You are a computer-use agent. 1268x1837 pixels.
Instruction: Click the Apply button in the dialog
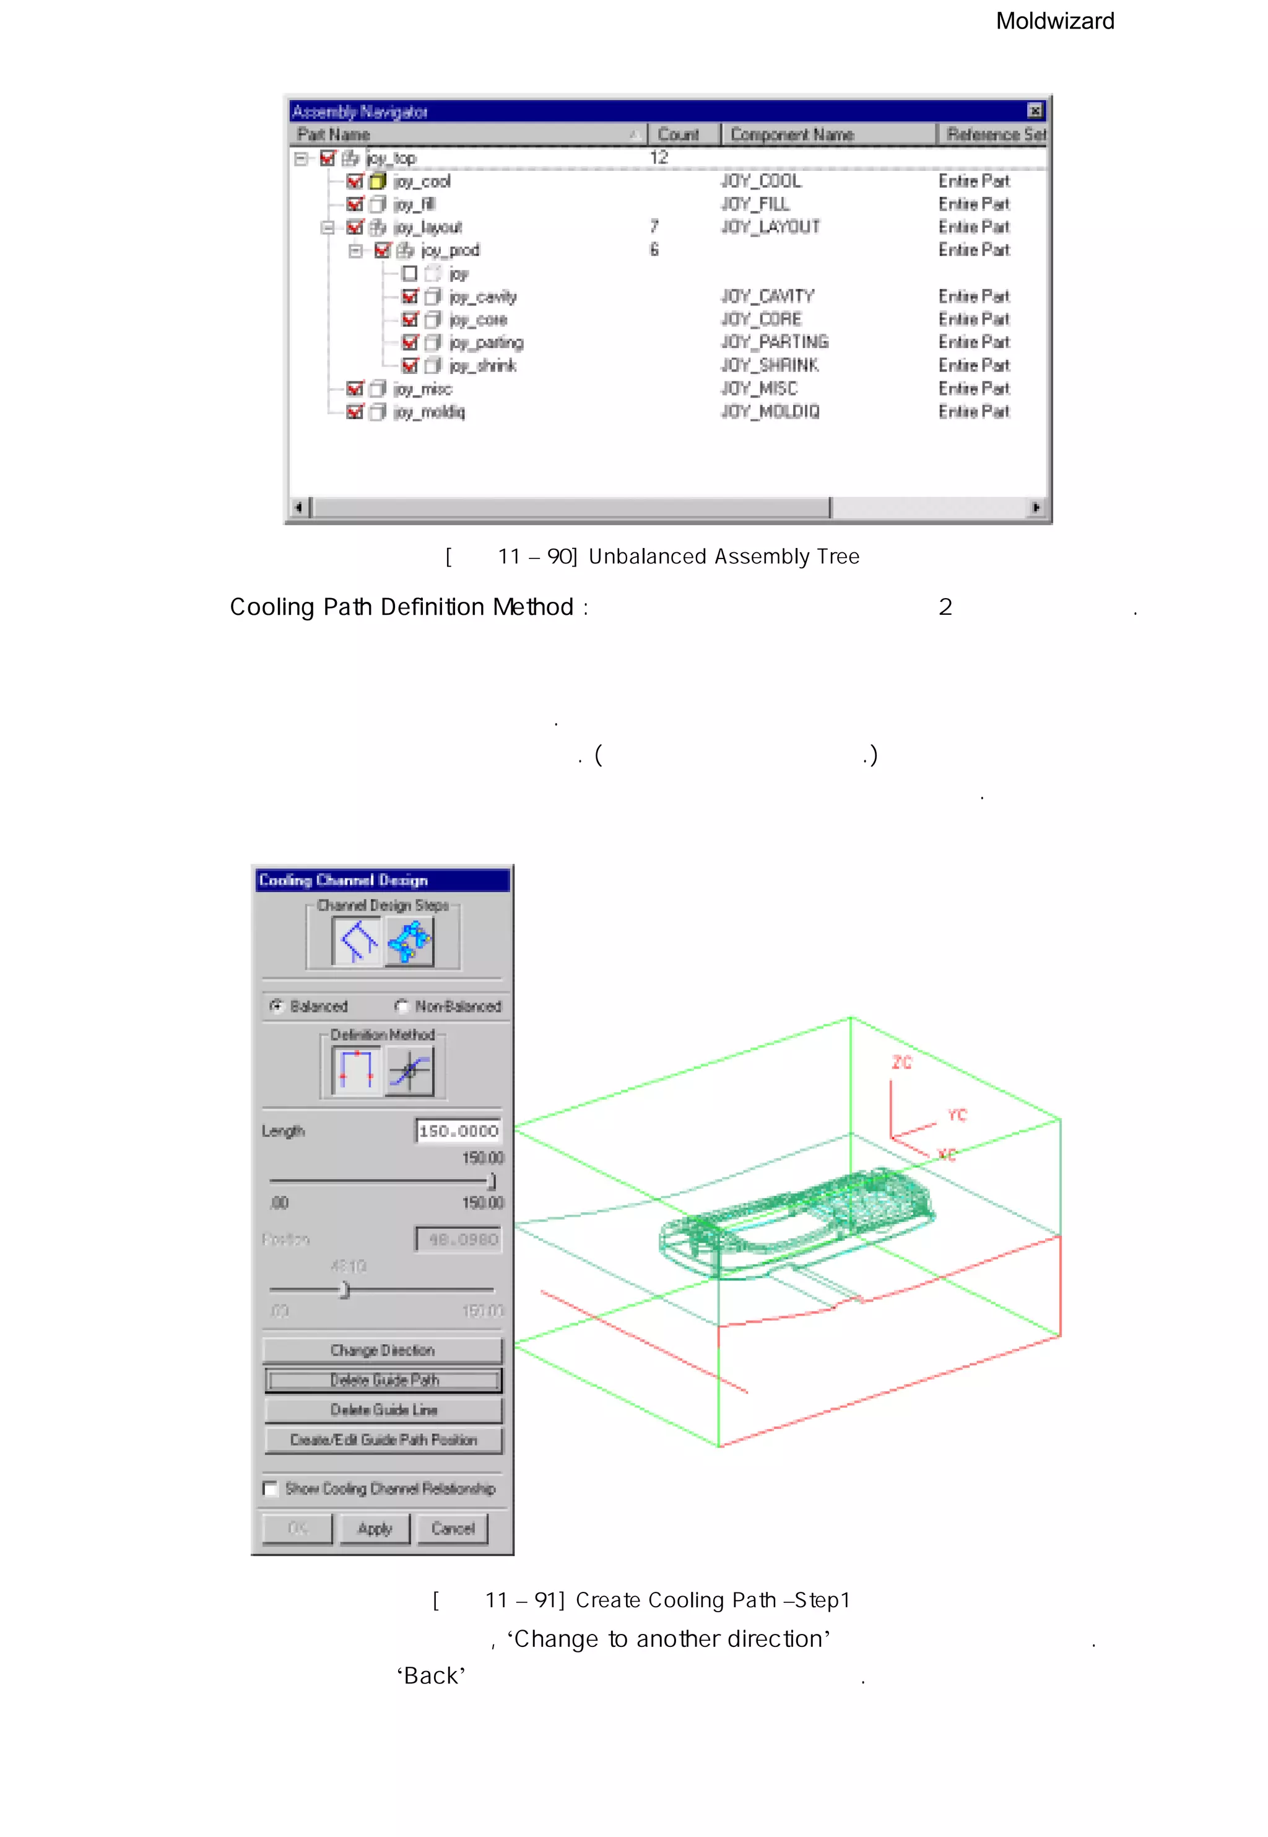coord(375,1528)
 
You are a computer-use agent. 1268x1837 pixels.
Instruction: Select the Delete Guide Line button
coord(383,1410)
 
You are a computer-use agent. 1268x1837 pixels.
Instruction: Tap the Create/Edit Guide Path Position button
coord(383,1440)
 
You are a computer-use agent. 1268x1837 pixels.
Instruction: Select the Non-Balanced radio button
coord(402,1006)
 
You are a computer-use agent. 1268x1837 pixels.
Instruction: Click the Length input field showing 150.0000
coord(458,1131)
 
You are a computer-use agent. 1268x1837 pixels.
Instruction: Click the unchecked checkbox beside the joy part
coord(410,273)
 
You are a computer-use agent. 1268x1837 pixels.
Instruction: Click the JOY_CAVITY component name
coord(768,297)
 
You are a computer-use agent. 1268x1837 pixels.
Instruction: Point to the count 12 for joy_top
coord(659,157)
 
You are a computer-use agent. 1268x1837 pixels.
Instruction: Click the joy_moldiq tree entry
coord(429,412)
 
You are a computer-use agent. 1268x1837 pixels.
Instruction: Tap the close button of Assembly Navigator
coord(1035,110)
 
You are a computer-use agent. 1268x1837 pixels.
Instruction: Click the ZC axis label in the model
coord(901,1062)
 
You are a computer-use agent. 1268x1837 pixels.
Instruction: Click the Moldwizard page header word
coord(1054,22)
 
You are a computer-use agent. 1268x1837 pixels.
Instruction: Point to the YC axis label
coord(957,1114)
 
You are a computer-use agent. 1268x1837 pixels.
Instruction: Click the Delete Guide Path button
coord(383,1380)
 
